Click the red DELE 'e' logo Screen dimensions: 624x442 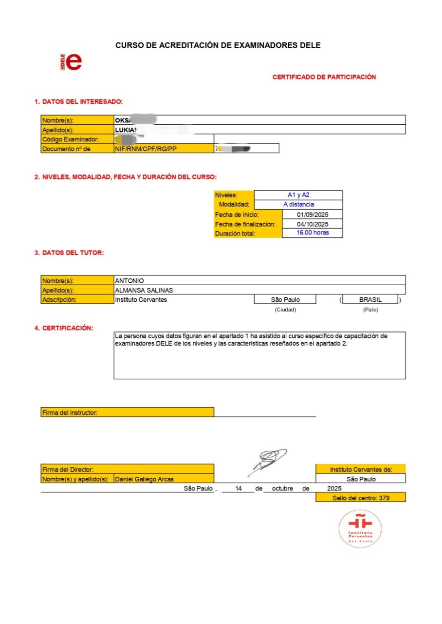tap(74, 61)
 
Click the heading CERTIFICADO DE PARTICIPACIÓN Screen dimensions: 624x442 tap(324, 77)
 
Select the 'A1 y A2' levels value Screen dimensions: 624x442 tap(298, 195)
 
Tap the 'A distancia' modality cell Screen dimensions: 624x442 tap(298, 205)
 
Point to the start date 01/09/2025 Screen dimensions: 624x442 tap(313, 214)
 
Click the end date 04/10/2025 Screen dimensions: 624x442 tap(313, 224)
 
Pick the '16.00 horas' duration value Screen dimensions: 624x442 tap(313, 233)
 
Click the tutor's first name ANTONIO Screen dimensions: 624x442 tap(129, 280)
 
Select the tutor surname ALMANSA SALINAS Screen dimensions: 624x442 tap(144, 290)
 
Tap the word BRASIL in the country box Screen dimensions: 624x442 tap(370, 300)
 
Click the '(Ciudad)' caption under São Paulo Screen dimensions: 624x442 tap(285, 310)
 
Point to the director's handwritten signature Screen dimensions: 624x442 tap(267, 461)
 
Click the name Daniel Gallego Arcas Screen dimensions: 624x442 tap(144, 479)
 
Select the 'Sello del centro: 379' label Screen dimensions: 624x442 tap(360, 498)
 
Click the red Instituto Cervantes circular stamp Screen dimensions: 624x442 tap(360, 528)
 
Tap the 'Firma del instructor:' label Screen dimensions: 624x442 tap(70, 413)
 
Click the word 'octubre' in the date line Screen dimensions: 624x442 tap(282, 488)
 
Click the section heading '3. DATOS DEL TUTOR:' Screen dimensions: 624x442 tap(69, 253)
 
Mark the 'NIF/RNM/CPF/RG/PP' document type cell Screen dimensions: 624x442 tap(146, 149)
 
